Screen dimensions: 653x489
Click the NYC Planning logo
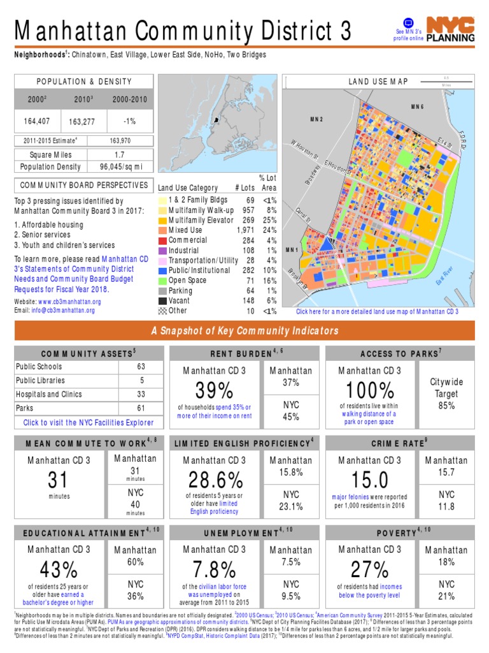tap(450, 29)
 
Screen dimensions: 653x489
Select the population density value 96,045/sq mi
tap(120, 166)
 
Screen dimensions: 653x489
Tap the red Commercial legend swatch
tap(162, 240)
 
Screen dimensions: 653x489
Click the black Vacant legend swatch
tap(162, 301)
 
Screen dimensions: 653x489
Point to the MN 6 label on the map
tap(417, 106)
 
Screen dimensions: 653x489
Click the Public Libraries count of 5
tap(141, 381)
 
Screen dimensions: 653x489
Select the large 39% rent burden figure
tap(214, 390)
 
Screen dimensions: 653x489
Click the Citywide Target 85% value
tap(446, 405)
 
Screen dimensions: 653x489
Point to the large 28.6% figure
tap(214, 479)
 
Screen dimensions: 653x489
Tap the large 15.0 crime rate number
tap(370, 479)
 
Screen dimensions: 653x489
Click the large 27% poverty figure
tap(369, 569)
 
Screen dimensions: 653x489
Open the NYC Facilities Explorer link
tap(89, 422)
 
